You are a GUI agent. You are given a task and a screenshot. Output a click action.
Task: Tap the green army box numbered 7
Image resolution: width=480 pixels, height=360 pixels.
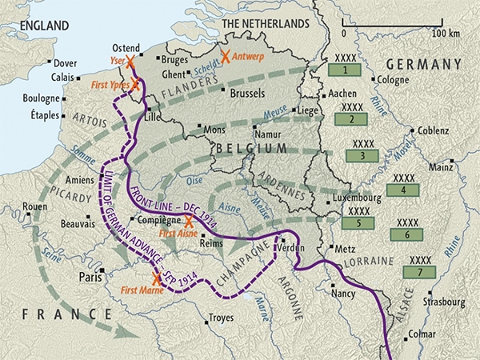(419, 272)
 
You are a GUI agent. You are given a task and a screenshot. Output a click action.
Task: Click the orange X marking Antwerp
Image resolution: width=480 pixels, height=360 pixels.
(226, 57)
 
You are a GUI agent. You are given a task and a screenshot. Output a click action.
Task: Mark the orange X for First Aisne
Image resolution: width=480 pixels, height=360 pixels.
(189, 222)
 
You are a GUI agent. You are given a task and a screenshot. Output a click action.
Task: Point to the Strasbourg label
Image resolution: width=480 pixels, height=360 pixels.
(446, 302)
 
